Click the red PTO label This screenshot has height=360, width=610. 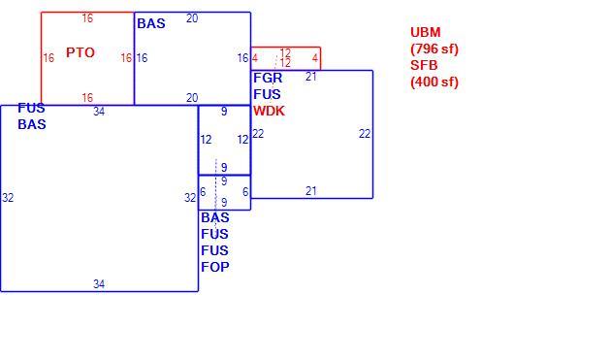(x=80, y=52)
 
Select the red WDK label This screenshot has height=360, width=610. (x=269, y=111)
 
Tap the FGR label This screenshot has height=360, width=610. (x=268, y=78)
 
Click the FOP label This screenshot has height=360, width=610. (x=215, y=267)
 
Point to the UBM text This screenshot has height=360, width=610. (x=426, y=32)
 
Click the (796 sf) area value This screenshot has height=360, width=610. (x=434, y=49)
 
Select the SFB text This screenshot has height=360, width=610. (x=424, y=65)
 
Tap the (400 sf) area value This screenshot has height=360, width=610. (x=434, y=82)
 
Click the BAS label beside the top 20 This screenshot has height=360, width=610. (x=151, y=23)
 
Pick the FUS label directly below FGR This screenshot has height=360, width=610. (x=267, y=94)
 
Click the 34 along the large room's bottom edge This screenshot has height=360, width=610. (x=99, y=284)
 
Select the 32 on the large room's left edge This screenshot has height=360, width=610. (x=8, y=198)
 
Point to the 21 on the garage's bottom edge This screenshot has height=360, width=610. (x=311, y=191)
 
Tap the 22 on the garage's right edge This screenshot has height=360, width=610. (x=365, y=134)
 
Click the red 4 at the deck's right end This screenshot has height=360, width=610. (x=315, y=58)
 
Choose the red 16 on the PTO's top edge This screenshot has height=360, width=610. (x=87, y=17)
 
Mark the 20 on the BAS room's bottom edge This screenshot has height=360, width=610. (x=192, y=98)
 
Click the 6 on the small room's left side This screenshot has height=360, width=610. (x=203, y=192)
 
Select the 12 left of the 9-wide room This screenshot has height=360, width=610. (x=206, y=140)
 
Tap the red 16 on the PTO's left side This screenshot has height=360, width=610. (x=48, y=58)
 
